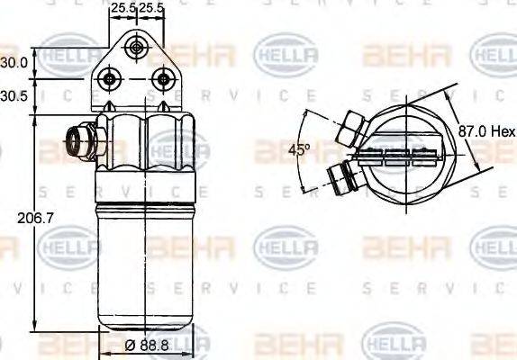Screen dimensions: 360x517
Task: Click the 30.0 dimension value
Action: [14, 62]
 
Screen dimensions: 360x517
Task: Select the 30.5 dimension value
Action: [14, 94]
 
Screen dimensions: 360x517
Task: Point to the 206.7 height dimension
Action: [15, 217]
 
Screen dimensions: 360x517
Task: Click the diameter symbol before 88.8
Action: [130, 346]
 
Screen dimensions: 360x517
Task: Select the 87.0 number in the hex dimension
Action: [471, 131]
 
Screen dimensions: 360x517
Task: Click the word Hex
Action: [501, 131]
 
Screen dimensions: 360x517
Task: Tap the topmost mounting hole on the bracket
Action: [136, 46]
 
